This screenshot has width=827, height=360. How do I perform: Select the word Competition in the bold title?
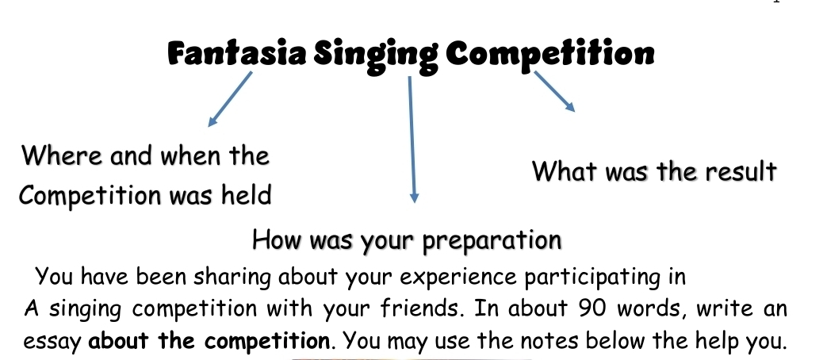pyautogui.click(x=550, y=54)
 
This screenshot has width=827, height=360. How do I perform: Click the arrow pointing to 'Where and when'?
pyautogui.click(x=230, y=99)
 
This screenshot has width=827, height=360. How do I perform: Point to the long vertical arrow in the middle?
pyautogui.click(x=411, y=139)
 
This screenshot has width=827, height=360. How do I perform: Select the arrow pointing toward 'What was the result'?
pyautogui.click(x=553, y=90)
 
